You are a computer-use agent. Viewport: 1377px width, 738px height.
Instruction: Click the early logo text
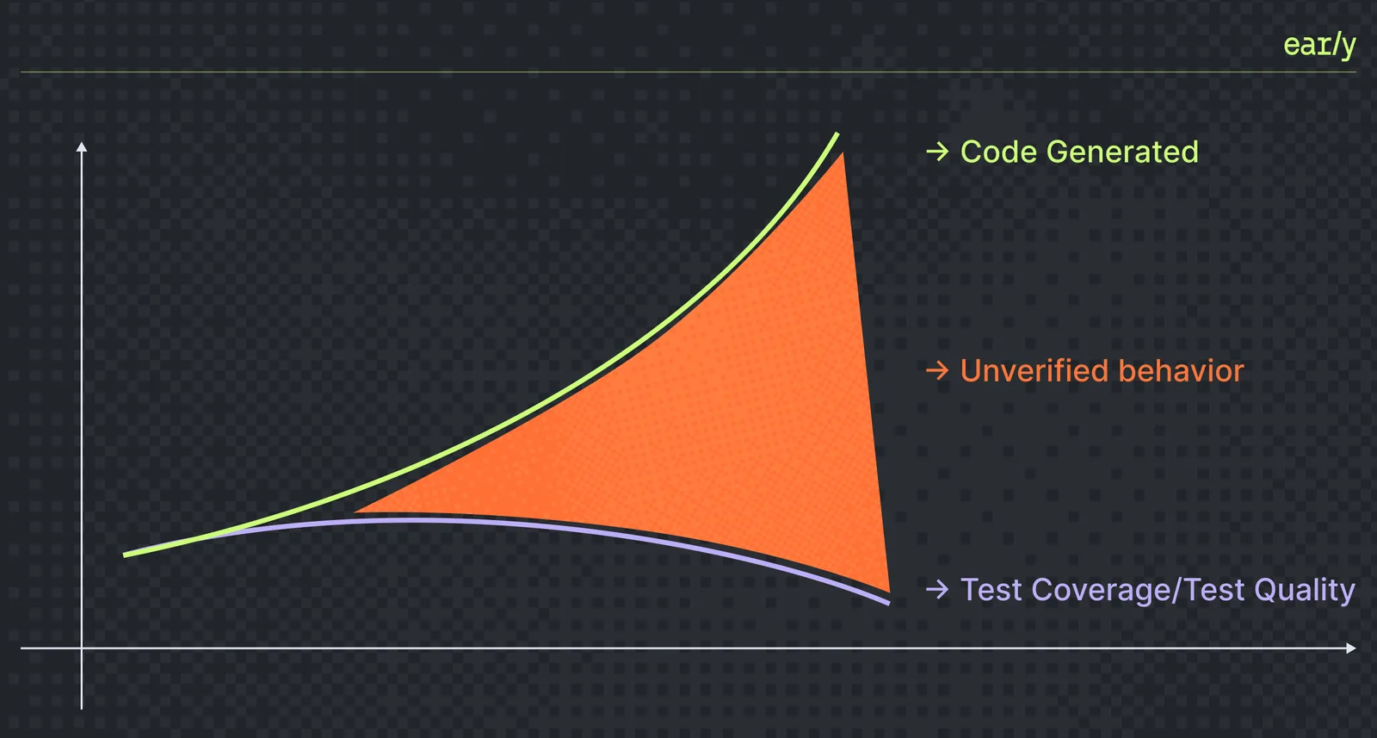[x=1319, y=45]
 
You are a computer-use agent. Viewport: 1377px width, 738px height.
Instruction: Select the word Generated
[x=1122, y=152]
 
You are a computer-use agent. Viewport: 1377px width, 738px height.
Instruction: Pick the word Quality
[x=1305, y=591]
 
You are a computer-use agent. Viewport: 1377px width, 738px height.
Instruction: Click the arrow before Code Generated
[x=937, y=152]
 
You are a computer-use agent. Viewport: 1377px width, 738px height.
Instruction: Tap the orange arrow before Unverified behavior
[x=937, y=370]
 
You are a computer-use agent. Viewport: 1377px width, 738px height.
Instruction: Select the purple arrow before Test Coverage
[x=937, y=589]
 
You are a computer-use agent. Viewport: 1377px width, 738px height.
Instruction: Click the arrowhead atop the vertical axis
[x=82, y=146]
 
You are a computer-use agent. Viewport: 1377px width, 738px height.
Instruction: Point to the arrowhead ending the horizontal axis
[x=1351, y=648]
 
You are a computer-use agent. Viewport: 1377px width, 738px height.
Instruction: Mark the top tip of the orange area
[x=843, y=154]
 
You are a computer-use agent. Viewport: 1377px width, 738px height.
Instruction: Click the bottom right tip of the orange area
[x=890, y=592]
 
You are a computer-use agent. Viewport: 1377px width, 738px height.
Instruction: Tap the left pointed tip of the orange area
[x=355, y=511]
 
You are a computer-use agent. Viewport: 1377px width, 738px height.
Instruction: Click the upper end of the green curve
[x=837, y=133]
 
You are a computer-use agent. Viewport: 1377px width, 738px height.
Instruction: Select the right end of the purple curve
[x=889, y=603]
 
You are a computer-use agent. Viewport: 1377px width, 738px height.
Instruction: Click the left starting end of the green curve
[x=125, y=555]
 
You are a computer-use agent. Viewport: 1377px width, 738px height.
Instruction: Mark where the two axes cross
[x=82, y=648]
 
